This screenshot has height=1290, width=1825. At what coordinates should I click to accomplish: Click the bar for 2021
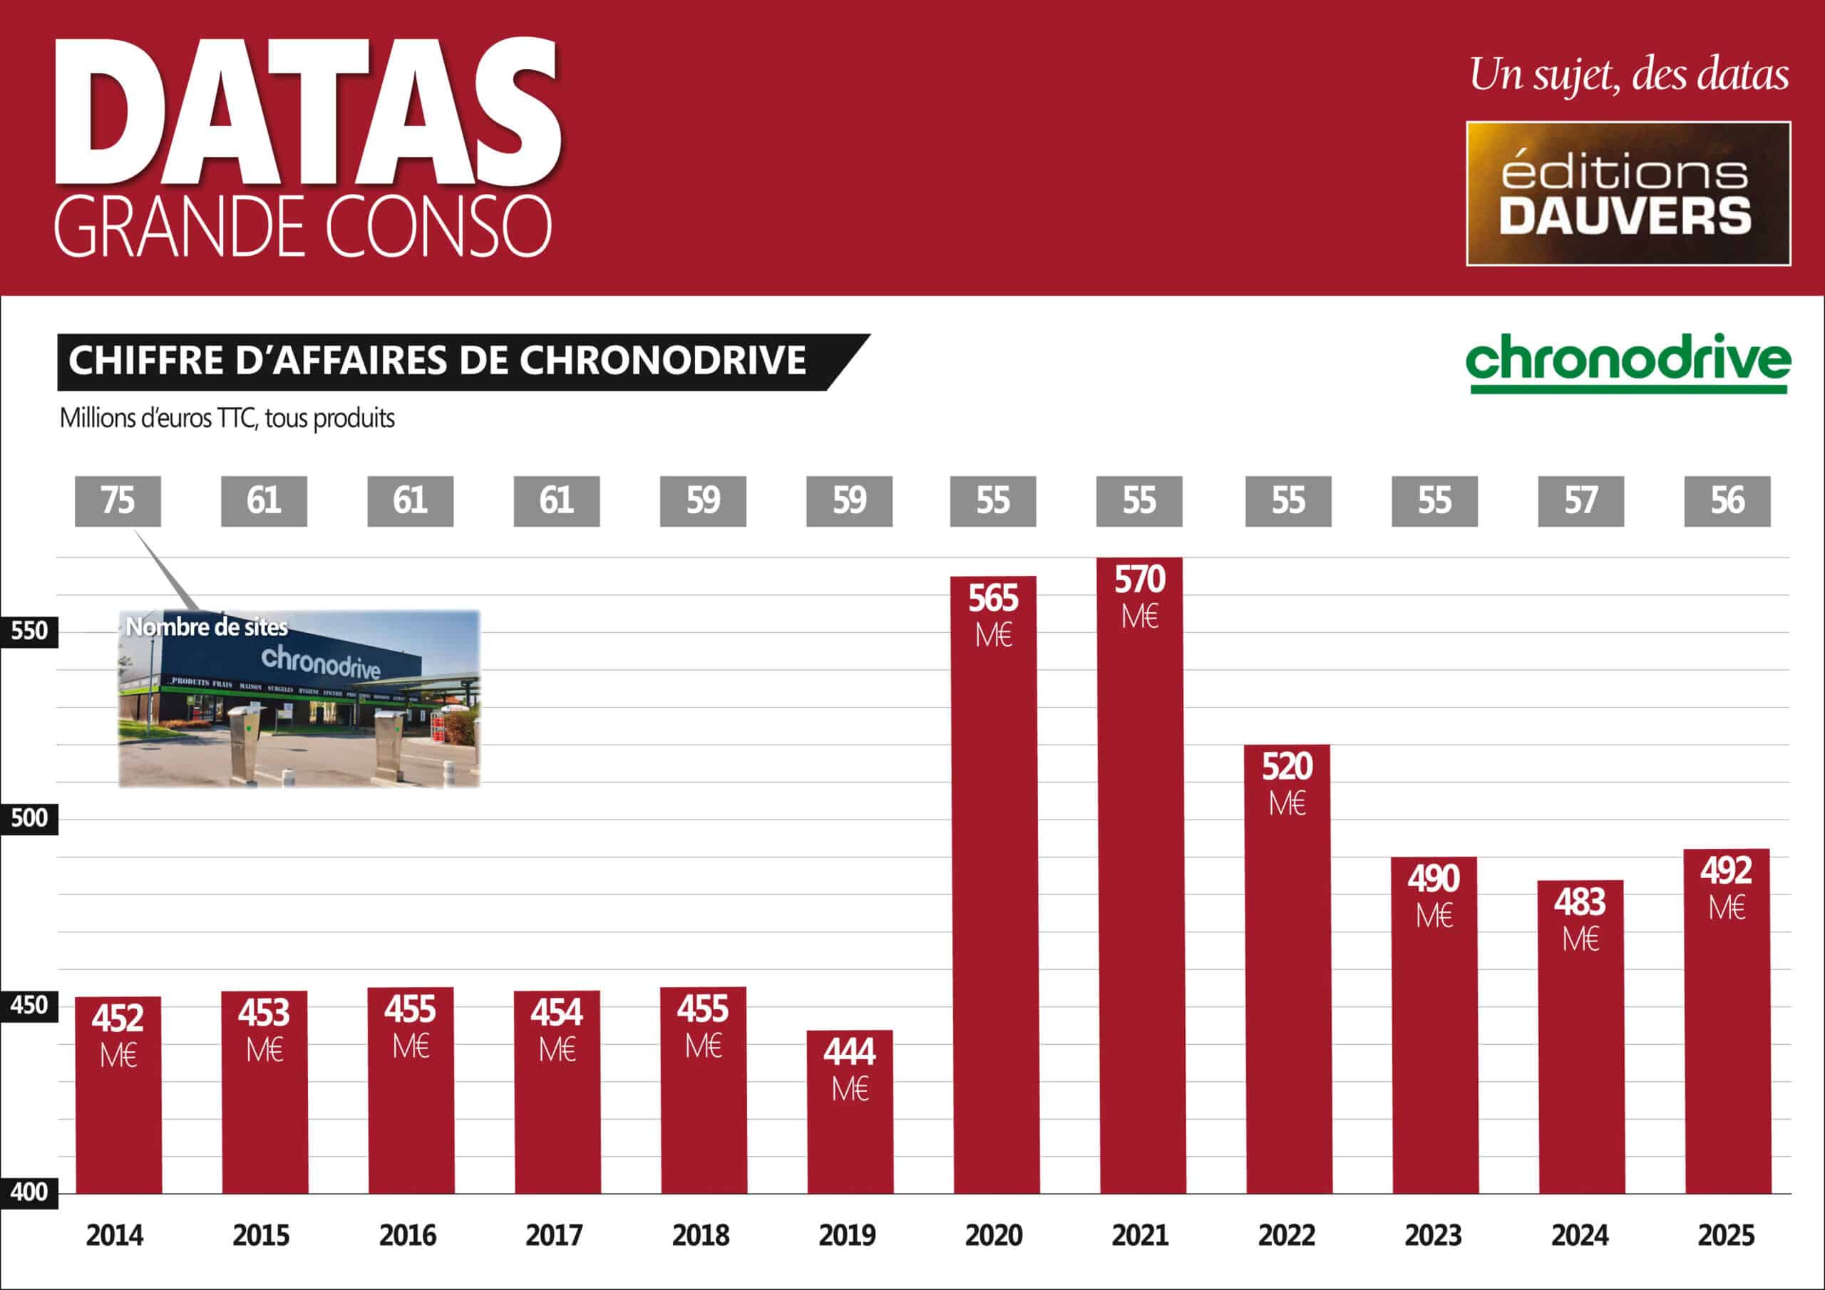[1141, 914]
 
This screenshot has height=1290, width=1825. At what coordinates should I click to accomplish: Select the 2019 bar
[850, 1129]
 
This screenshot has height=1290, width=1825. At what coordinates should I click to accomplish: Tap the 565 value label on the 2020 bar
[993, 599]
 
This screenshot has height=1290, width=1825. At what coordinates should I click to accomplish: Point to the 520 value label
[1287, 767]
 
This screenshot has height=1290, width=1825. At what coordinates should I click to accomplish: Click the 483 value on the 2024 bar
[1580, 903]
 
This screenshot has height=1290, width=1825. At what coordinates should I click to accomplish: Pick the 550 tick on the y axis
[29, 631]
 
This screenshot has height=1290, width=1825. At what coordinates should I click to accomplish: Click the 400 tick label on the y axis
[29, 1192]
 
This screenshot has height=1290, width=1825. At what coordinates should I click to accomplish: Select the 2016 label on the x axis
[408, 1235]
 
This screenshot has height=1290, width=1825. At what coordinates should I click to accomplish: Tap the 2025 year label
[1727, 1235]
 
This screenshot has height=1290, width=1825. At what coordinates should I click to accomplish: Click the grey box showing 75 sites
[118, 501]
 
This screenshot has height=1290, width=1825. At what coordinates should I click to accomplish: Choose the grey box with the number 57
[1580, 501]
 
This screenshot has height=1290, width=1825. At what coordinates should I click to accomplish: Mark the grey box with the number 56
[1727, 501]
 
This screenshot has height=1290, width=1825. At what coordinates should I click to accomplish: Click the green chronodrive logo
[1628, 363]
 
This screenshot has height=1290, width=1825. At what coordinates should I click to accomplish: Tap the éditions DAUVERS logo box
[1628, 193]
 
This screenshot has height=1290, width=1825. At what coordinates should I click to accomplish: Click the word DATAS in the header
[309, 111]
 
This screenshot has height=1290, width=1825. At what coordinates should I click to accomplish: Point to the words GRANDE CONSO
[303, 227]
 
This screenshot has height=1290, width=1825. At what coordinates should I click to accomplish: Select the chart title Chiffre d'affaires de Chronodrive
[438, 361]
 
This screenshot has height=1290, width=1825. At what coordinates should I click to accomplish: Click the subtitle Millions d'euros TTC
[227, 418]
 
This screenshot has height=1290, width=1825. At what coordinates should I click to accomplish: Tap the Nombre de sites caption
[207, 627]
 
